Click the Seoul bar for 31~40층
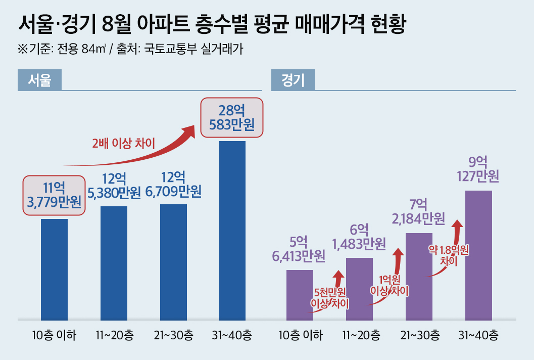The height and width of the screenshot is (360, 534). point(232,231)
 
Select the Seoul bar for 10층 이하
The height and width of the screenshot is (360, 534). point(54,269)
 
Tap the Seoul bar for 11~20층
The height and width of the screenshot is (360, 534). point(114,263)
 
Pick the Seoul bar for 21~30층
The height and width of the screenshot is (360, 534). point(173,262)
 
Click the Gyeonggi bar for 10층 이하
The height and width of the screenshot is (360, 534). point(300,295)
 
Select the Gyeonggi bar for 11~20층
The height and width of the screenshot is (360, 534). point(359,289)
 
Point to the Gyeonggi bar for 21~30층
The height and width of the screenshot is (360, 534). point(419,277)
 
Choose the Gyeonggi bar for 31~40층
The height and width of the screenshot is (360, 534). point(478,255)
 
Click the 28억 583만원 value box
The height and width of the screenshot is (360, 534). point(232,117)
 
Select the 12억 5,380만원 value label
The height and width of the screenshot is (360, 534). point(114,186)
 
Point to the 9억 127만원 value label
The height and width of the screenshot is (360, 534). point(478,169)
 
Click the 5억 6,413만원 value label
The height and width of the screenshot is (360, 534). point(299,249)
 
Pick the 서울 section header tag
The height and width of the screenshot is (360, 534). point(39,80)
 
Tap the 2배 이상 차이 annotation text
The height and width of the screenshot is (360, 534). point(123,143)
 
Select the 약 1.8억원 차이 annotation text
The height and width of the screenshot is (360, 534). point(449,255)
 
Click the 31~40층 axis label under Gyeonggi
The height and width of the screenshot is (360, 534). point(478,335)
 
